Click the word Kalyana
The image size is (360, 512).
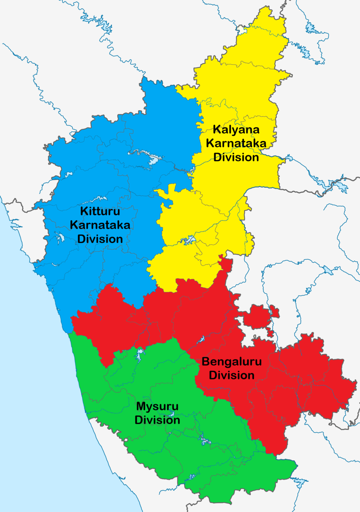point(236,130)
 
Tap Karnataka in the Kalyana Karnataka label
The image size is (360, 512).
point(236,143)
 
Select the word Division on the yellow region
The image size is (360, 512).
point(236,157)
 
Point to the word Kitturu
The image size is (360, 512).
point(100,211)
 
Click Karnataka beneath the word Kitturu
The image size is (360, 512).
point(100,225)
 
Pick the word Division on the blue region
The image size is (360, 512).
point(100,239)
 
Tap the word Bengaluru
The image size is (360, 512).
point(232,362)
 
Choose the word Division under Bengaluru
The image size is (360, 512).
point(232,375)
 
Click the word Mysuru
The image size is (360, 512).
point(157,406)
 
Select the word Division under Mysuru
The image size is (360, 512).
point(157,420)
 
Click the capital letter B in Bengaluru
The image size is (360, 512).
point(206,362)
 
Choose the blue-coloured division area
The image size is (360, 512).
point(157,124)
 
